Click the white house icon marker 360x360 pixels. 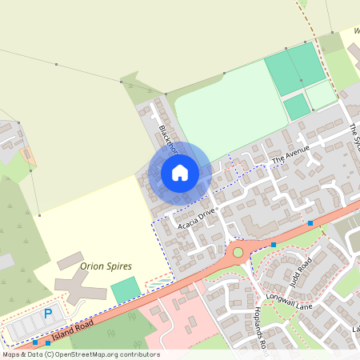(180, 172)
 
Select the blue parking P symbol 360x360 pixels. (47, 314)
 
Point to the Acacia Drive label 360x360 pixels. (197, 217)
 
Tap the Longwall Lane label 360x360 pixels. (301, 300)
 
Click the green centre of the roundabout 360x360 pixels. (238, 252)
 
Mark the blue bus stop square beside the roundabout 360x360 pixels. (274, 244)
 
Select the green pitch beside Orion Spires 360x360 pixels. (124, 290)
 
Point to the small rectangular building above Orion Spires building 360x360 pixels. (69, 261)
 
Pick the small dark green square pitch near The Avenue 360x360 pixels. (296, 107)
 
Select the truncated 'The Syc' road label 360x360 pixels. (354, 136)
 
